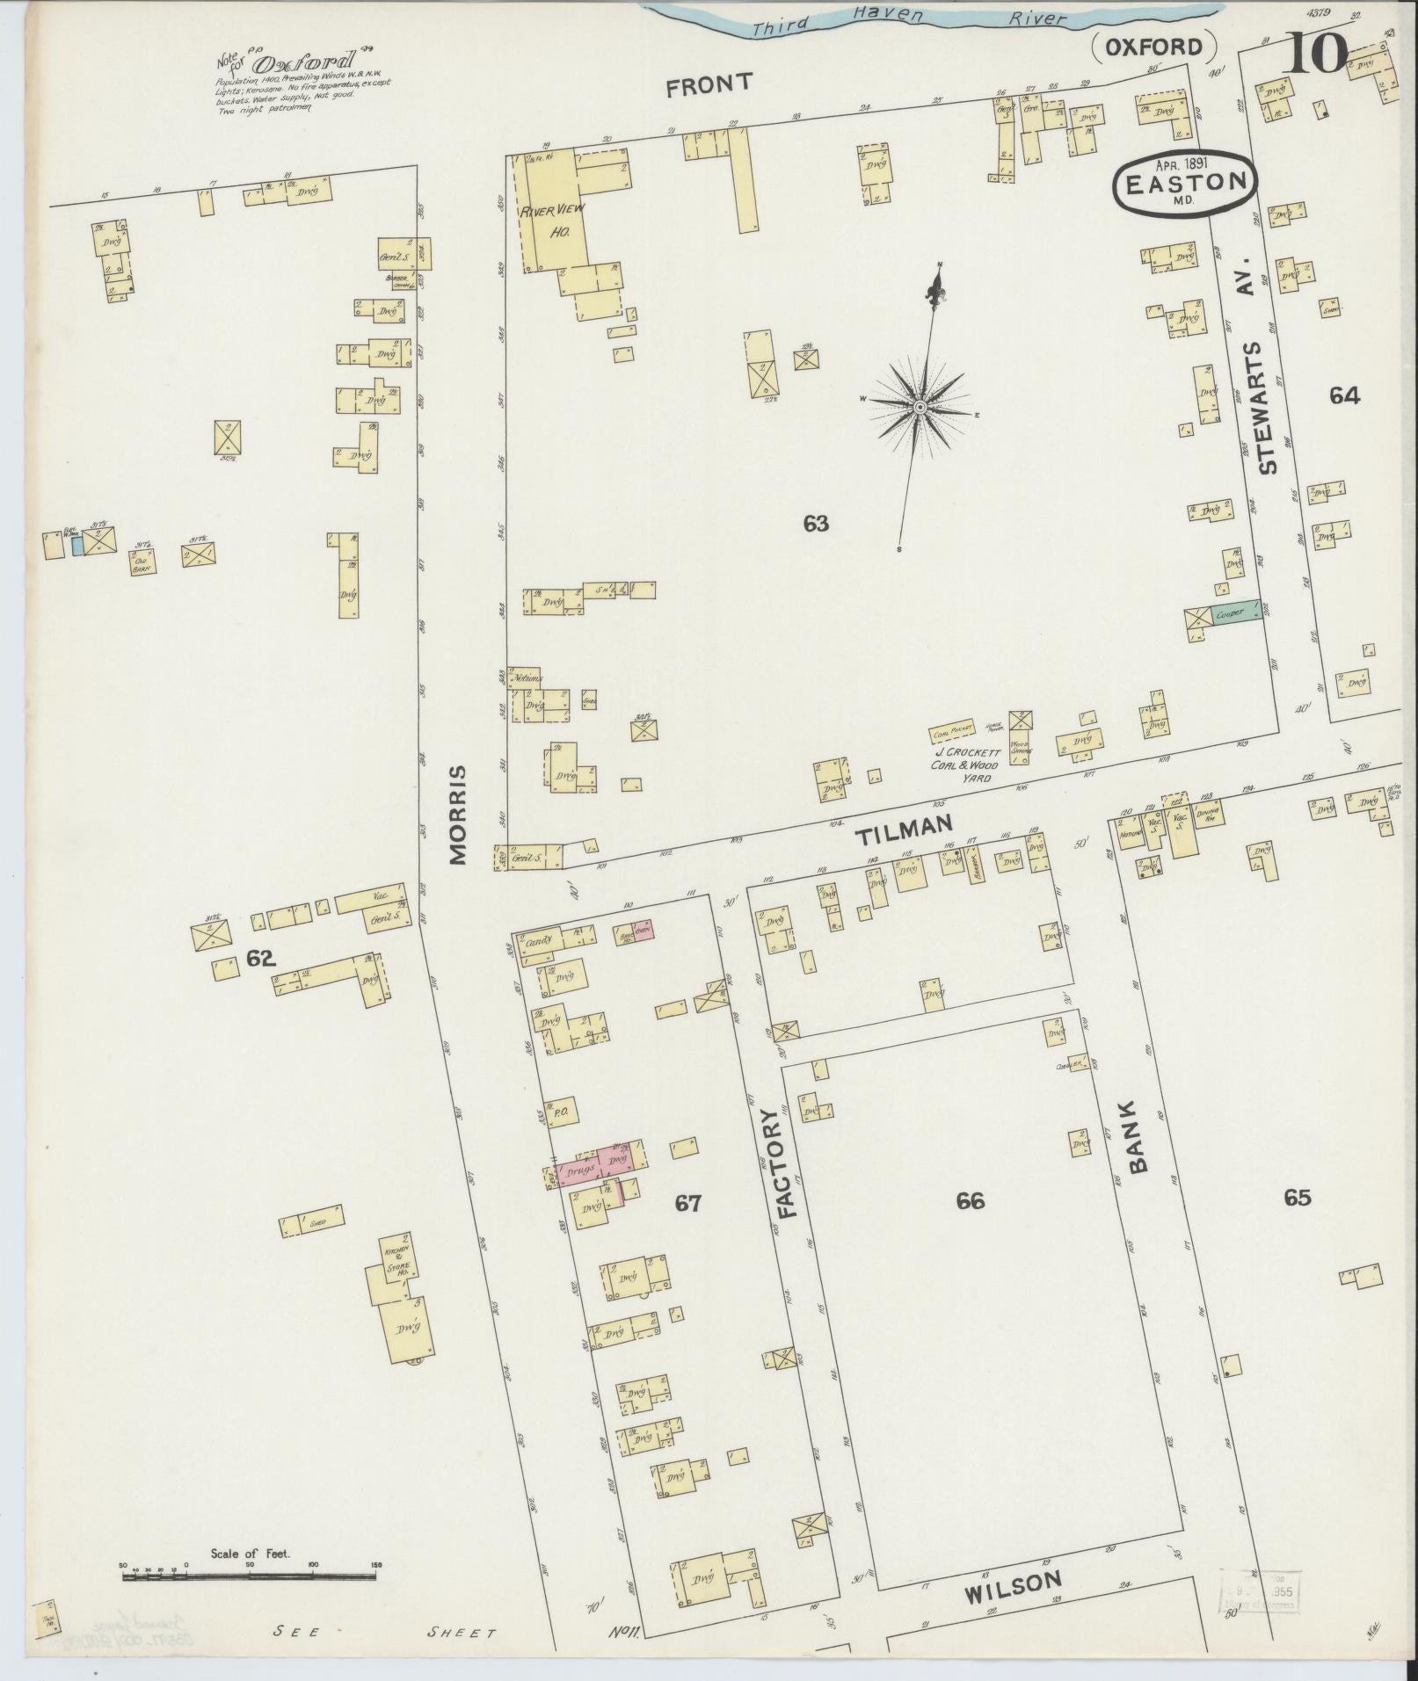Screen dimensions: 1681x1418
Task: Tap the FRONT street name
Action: click(709, 84)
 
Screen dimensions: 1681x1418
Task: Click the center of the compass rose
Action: click(919, 407)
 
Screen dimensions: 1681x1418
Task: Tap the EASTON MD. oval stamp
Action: click(1185, 182)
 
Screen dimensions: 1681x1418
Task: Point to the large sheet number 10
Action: click(1316, 53)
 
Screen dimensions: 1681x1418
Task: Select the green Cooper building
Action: click(1234, 613)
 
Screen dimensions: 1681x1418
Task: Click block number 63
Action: click(816, 524)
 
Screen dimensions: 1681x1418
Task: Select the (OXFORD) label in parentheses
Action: click(1154, 47)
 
